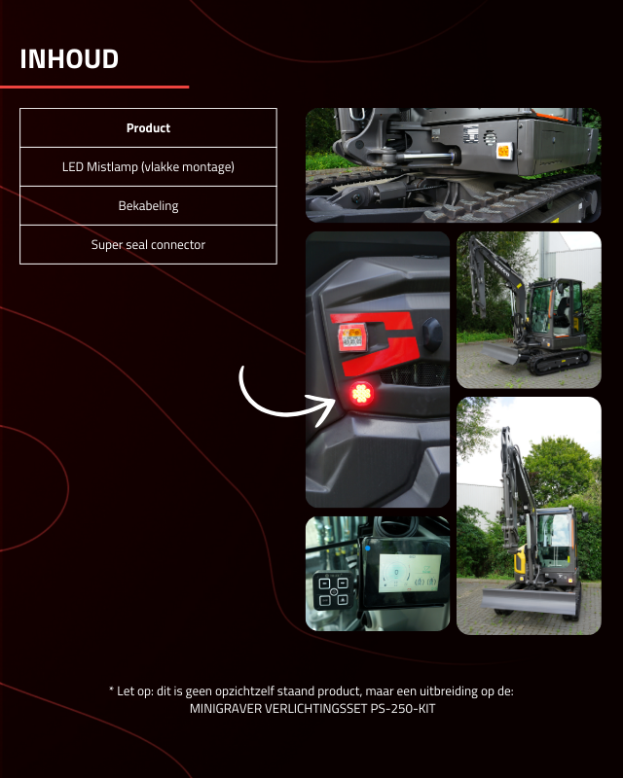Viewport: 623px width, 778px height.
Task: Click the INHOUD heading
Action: [69, 59]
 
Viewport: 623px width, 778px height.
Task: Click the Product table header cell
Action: [148, 128]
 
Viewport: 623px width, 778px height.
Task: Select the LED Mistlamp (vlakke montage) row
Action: [148, 166]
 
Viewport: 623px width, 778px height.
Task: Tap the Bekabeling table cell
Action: [148, 205]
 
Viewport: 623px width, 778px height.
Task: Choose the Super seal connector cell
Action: [148, 245]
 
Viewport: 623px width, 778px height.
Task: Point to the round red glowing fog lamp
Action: [361, 394]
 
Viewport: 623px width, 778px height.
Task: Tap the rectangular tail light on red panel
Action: [352, 336]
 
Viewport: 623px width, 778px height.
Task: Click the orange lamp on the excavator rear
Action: [504, 151]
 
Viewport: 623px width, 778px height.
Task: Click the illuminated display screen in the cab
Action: [410, 573]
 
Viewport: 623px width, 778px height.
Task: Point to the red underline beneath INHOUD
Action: [94, 87]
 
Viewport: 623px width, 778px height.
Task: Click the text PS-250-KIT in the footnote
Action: [403, 709]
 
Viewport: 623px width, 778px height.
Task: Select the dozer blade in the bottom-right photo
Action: [530, 600]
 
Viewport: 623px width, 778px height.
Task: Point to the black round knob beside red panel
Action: [432, 335]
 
